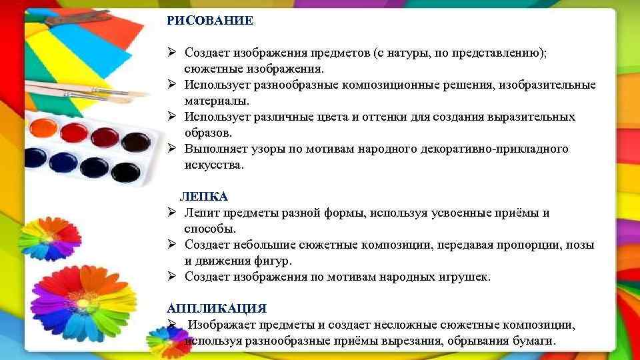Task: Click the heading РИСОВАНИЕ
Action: point(210,21)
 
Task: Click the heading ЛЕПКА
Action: point(204,197)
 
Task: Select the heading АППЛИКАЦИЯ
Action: point(217,309)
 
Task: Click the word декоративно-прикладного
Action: point(495,149)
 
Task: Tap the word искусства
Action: point(215,165)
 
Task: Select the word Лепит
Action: point(201,213)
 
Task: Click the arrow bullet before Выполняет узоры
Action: point(171,149)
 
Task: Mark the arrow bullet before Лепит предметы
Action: point(171,213)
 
